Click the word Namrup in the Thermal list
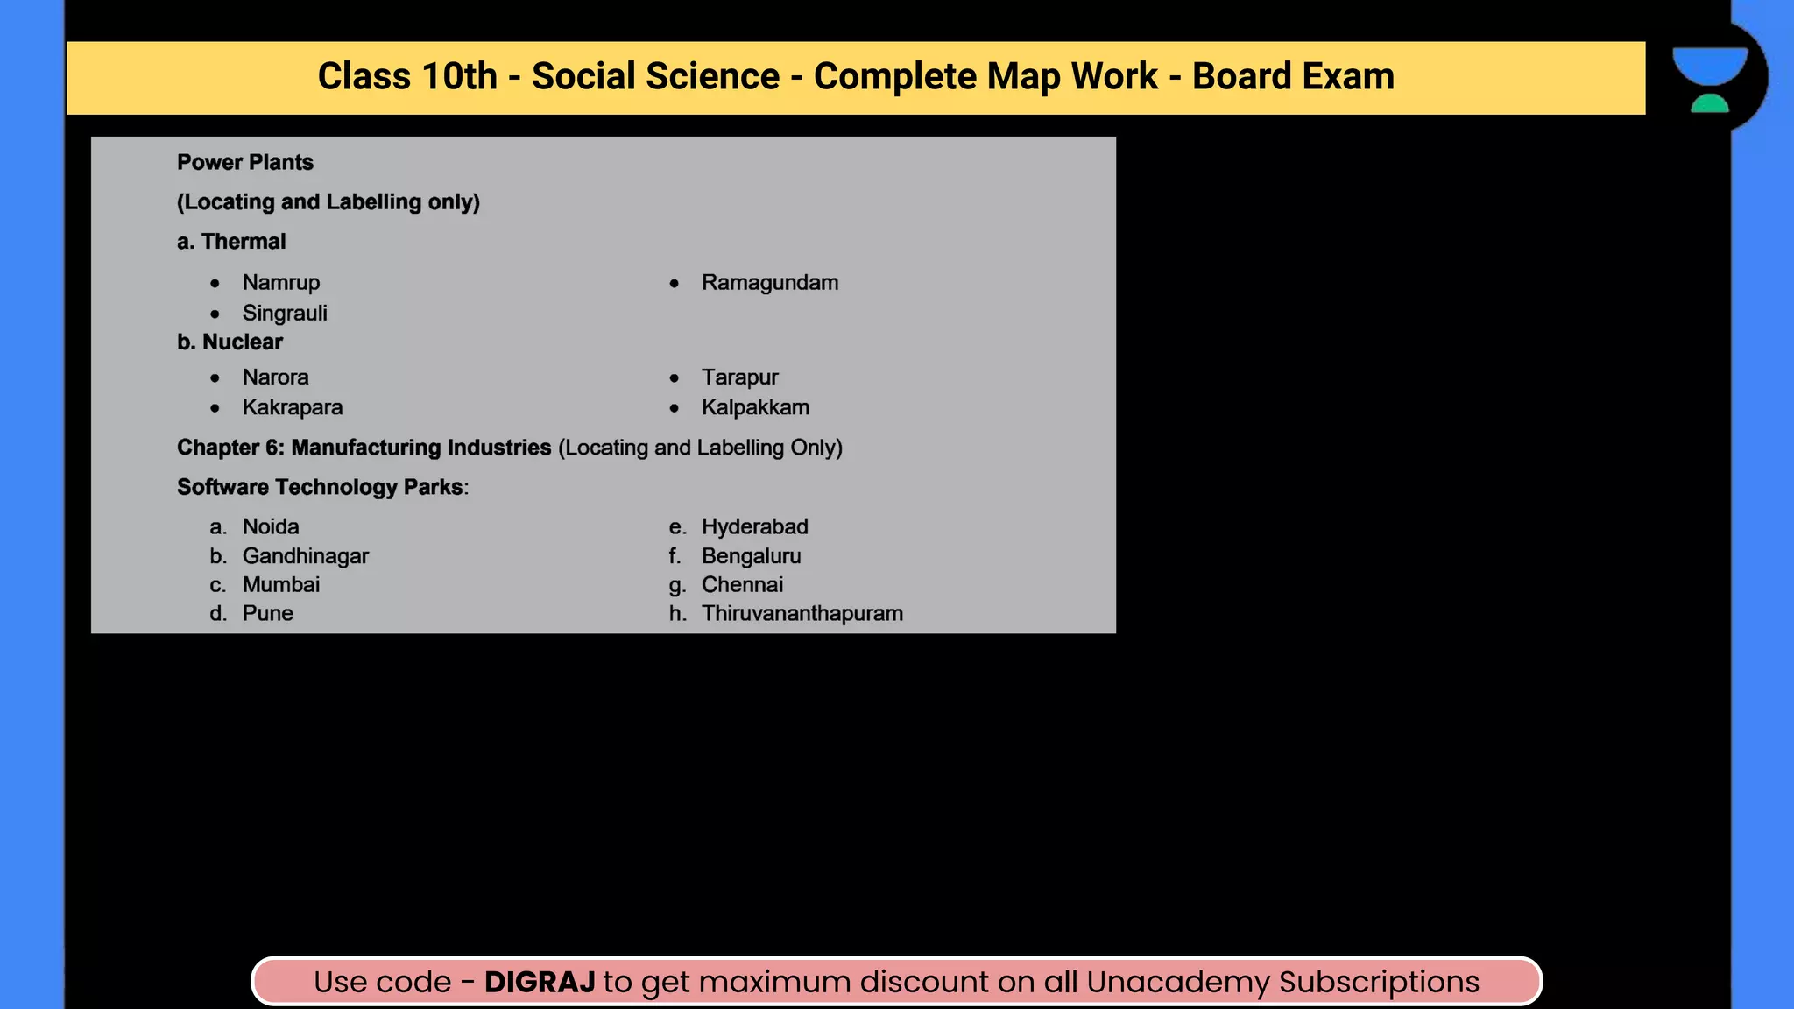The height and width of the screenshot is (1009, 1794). click(280, 283)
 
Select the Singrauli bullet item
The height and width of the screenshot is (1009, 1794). click(285, 314)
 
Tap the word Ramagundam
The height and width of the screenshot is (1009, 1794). click(769, 283)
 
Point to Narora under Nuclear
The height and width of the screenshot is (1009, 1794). click(275, 377)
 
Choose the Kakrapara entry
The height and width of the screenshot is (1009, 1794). click(292, 407)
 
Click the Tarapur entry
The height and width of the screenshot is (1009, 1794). click(739, 377)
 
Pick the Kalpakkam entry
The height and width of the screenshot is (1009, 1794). click(755, 407)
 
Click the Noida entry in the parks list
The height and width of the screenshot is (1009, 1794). click(270, 526)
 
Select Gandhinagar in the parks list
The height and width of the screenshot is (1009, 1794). click(305, 556)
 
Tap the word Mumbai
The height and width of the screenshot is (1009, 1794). click(280, 585)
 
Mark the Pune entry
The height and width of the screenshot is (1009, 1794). click(267, 613)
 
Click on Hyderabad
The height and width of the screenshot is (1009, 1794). click(754, 526)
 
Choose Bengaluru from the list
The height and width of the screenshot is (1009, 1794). click(751, 556)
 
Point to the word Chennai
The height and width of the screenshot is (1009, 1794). click(742, 585)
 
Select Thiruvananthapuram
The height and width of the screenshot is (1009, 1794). click(802, 613)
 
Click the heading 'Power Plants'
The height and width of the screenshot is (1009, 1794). click(244, 163)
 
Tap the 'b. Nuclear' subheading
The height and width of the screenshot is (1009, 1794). click(230, 342)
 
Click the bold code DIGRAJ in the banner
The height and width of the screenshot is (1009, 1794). click(540, 982)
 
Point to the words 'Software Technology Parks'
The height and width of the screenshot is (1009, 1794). click(320, 487)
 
